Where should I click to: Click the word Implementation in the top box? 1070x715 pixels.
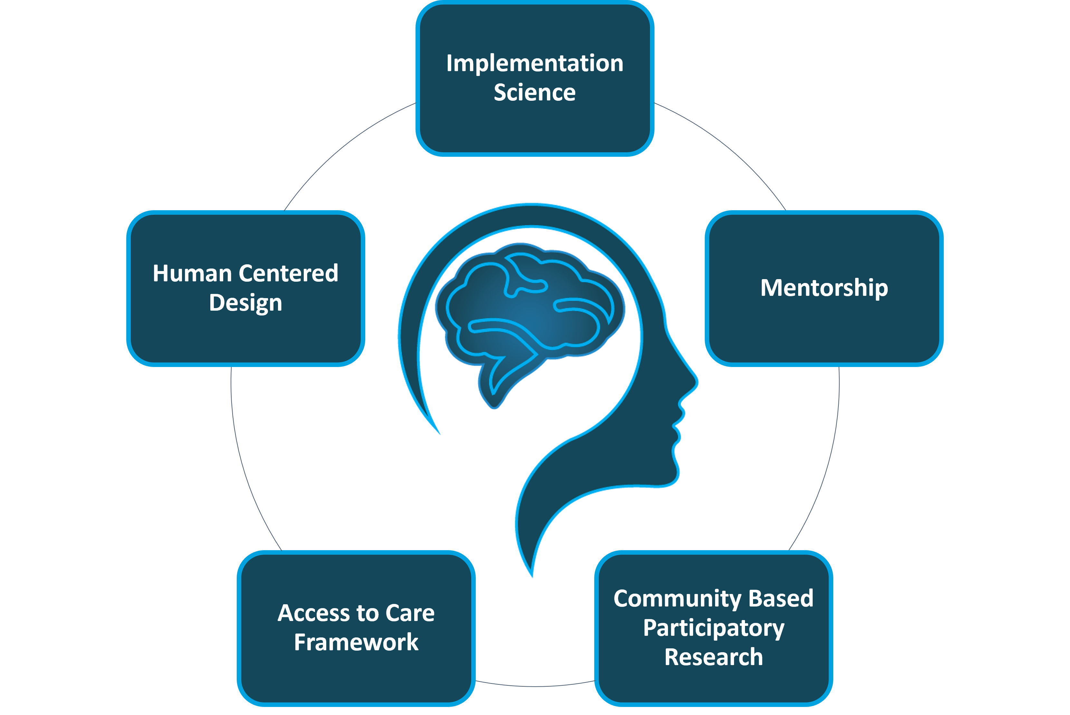535,63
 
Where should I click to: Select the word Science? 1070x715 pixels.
535,93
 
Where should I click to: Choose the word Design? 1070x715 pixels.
245,303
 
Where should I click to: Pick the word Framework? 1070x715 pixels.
356,643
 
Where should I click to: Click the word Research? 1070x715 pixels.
713,657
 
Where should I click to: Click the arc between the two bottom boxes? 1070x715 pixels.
535,686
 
